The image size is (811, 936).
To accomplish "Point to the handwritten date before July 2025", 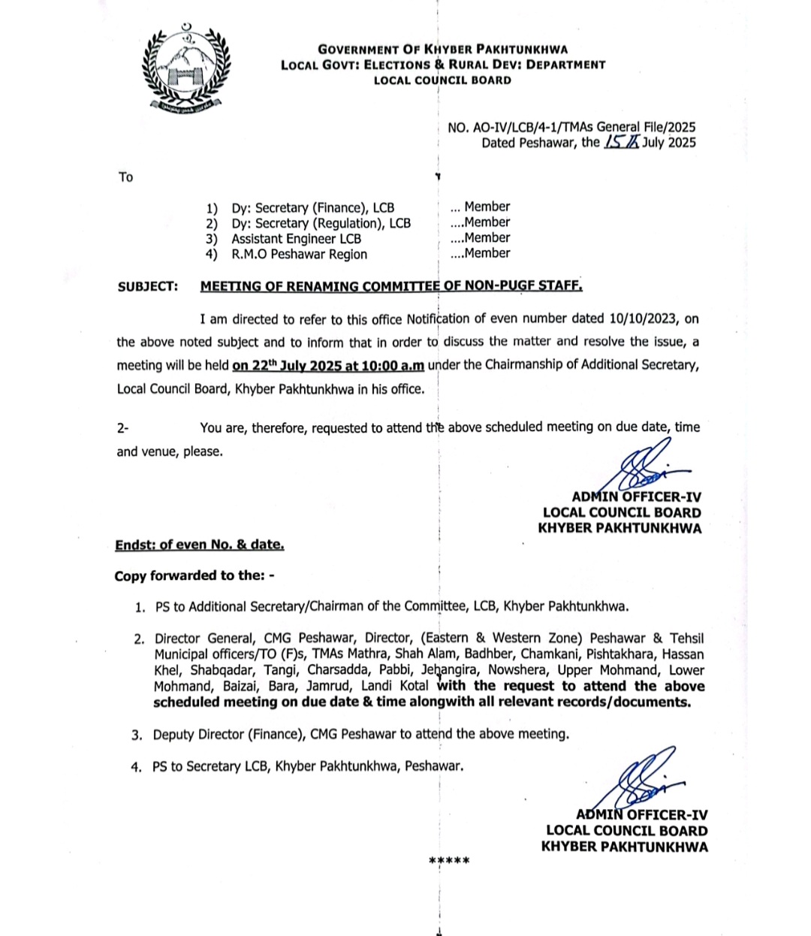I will [621, 142].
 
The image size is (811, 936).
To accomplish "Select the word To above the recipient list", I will [125, 177].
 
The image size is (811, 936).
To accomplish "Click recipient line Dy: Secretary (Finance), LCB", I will [312, 208].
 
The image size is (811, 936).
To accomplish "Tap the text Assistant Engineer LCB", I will [296, 239].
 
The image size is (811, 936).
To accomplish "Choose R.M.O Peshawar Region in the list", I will [299, 254].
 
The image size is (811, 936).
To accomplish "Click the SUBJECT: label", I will [148, 286].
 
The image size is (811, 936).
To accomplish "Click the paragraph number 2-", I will [122, 428].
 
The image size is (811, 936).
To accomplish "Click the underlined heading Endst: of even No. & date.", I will [199, 545].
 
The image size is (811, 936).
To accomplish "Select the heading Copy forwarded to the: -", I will [194, 575].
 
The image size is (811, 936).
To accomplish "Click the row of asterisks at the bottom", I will [449, 861].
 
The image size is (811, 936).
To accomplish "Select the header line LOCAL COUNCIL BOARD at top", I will [442, 80].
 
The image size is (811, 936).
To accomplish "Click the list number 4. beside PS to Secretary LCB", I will [136, 767].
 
